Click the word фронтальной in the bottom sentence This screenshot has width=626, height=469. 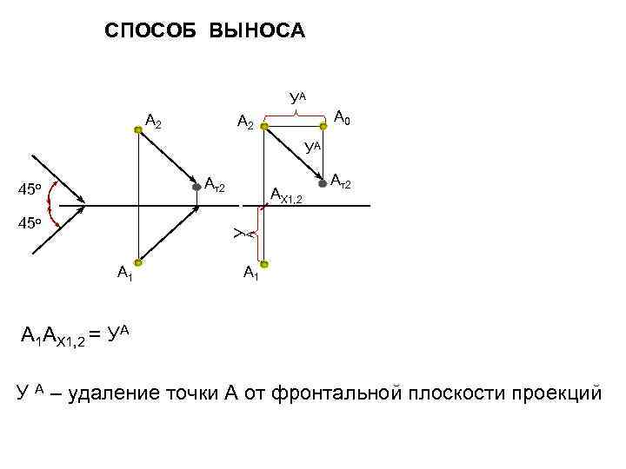[x=336, y=393]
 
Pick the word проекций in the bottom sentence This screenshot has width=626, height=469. [x=561, y=393]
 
